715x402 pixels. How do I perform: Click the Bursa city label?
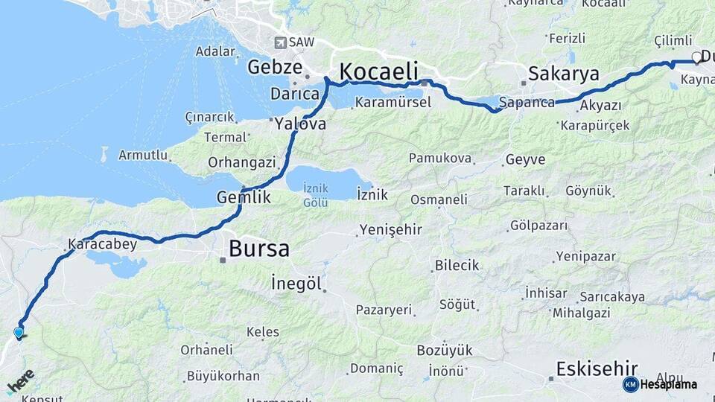coord(258,248)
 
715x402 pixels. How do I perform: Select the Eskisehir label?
coord(597,368)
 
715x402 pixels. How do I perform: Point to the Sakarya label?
coord(564,73)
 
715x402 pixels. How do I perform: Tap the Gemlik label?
coord(243,197)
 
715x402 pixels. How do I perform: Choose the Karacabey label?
coord(102,243)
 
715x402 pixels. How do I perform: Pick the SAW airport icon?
coord(281,42)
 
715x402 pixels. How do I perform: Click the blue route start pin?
coord(19,333)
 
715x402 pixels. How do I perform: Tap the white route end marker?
coord(697,57)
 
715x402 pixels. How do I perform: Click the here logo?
coord(20,381)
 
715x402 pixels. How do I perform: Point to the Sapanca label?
coord(527,102)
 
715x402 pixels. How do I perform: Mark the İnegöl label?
coord(296,284)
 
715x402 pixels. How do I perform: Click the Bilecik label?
coord(457,265)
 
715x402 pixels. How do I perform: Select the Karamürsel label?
coord(393,102)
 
